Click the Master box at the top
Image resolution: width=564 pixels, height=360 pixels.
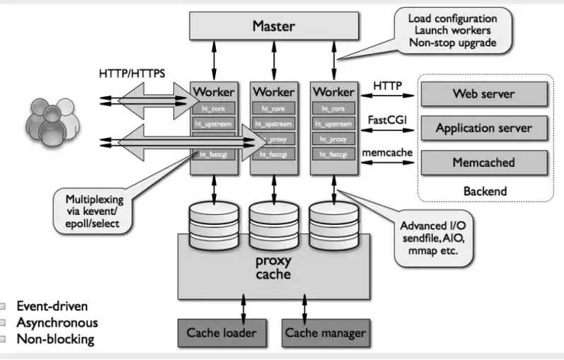point(273,27)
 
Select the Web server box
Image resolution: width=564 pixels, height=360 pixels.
point(483,93)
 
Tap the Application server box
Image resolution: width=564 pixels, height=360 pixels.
point(483,128)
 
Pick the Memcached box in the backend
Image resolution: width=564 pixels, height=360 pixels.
point(483,162)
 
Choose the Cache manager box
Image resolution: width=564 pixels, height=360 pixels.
point(325,332)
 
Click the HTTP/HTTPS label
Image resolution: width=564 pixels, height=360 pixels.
point(132,73)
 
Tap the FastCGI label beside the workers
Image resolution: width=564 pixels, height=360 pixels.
point(385,120)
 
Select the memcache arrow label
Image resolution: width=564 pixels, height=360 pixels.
point(386,153)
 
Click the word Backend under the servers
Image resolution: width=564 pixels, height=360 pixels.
point(485,191)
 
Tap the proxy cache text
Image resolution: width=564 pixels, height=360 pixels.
point(273,267)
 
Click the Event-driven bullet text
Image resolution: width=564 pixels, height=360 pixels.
point(57,308)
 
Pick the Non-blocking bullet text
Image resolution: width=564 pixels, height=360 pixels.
point(55,339)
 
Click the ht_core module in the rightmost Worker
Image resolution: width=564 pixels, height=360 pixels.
point(333,108)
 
